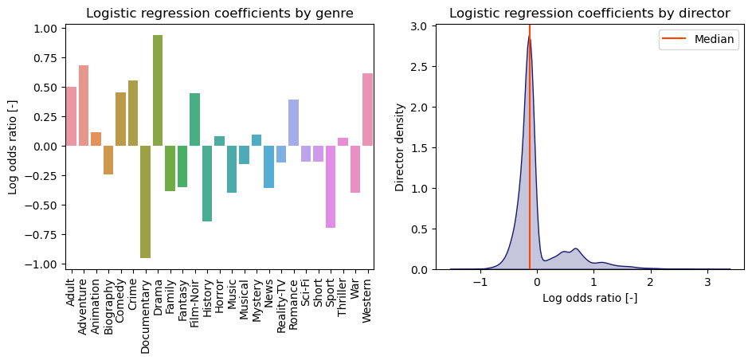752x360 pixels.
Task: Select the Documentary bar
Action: (146, 202)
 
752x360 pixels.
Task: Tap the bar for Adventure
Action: (84, 106)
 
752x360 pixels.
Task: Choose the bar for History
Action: (207, 183)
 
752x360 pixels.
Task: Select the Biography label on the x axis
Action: (108, 301)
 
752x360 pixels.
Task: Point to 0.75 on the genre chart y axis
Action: (45, 58)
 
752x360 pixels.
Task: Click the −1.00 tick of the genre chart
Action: (41, 264)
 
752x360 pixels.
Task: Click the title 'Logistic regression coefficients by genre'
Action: (220, 13)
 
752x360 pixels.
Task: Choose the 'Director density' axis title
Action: (401, 147)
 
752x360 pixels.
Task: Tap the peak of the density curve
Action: (529, 36)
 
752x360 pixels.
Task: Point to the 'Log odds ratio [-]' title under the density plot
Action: (589, 299)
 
